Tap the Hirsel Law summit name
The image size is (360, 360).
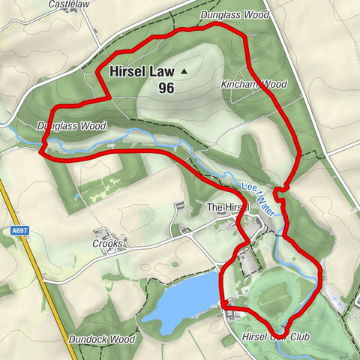point(142,72)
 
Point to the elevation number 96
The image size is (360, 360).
point(166,88)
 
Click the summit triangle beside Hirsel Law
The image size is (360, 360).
point(183,72)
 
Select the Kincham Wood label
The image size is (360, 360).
point(254,85)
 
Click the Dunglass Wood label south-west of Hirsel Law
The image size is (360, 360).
point(71,126)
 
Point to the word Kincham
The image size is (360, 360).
point(238,85)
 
